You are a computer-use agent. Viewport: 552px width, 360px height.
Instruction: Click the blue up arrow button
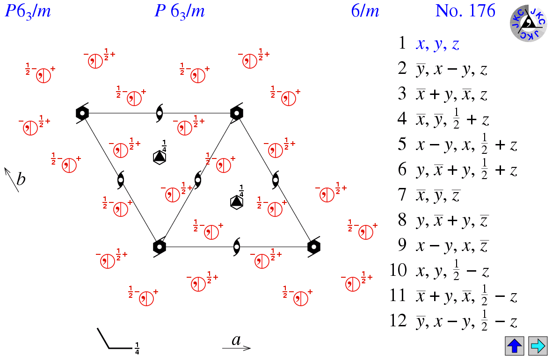coord(514,346)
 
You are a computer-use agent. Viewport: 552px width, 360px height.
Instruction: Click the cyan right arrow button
coord(537,346)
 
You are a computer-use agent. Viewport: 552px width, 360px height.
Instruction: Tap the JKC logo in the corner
coord(528,23)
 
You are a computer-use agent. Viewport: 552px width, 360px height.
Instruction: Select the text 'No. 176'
coord(465,11)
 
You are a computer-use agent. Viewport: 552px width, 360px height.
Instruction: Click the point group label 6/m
coord(365,11)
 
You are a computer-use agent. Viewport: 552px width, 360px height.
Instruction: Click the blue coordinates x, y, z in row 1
coord(437,44)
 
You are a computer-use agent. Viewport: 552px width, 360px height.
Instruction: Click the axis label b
coord(21,179)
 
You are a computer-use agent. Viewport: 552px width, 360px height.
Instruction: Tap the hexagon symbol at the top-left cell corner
coord(82,113)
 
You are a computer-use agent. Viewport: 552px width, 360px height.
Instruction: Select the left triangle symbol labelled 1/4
coord(160,157)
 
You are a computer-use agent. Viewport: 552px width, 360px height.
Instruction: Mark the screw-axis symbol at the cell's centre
coord(198,180)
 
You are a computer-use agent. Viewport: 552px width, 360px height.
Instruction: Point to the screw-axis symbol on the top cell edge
coord(160,113)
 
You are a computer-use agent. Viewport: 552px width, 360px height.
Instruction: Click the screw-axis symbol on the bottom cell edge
coord(237,246)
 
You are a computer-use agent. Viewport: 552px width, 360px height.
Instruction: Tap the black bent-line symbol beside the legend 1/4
coord(112,340)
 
